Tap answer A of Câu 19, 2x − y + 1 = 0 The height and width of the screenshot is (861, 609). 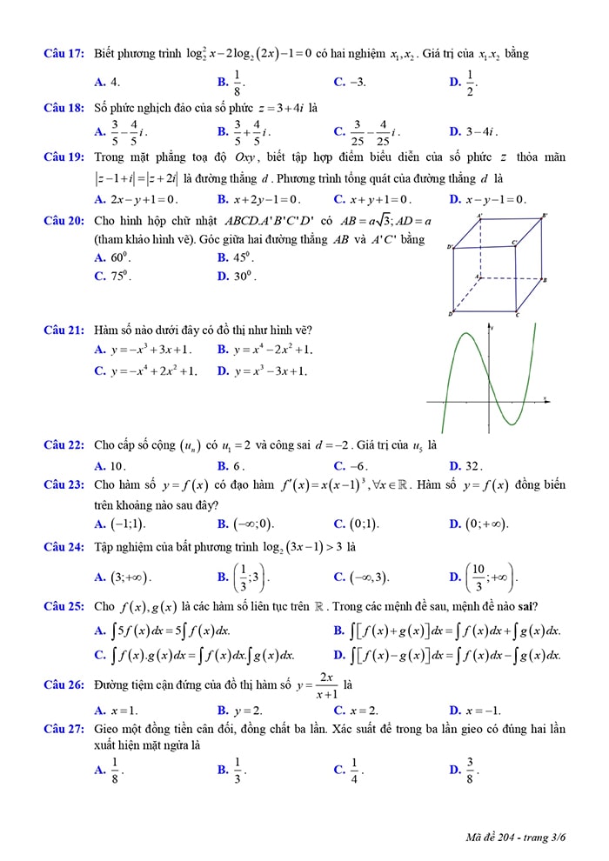tap(144, 199)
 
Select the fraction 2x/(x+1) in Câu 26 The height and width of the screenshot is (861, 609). tap(327, 685)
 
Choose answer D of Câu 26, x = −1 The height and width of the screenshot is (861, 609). tap(483, 710)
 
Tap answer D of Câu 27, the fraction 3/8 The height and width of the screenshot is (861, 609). tap(470, 769)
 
